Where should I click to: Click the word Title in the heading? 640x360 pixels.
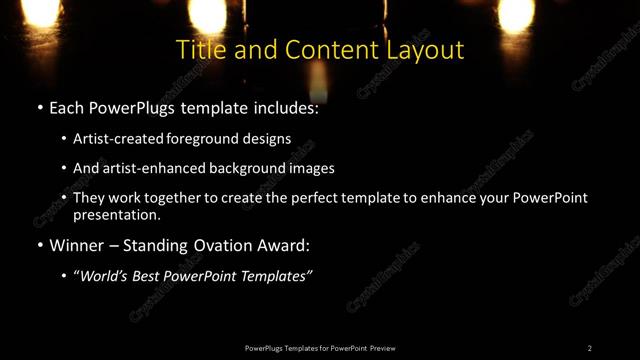pos(198,50)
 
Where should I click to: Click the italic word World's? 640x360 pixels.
pos(104,277)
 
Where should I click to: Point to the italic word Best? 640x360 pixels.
pos(150,277)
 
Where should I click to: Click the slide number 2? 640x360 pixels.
pos(590,348)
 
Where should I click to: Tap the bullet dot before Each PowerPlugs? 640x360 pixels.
pos(38,106)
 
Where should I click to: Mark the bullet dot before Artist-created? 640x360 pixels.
pos(64,138)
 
